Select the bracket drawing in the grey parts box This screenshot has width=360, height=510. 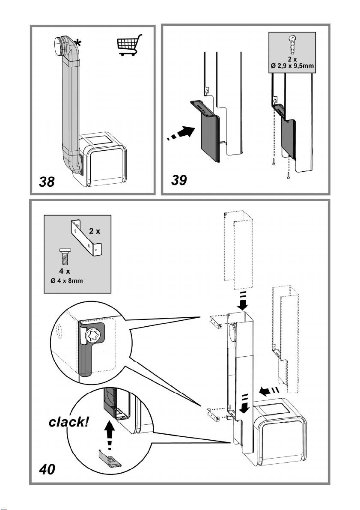[x=85, y=238]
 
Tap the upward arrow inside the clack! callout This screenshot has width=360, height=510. [x=110, y=432]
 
